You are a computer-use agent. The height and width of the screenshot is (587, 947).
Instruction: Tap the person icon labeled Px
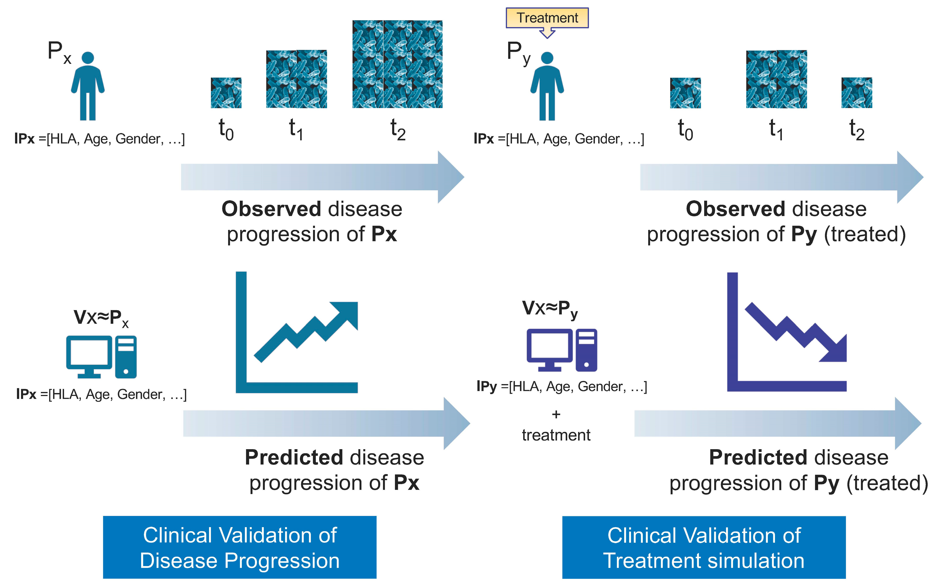point(88,86)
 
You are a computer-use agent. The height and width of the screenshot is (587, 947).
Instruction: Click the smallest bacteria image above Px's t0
point(226,93)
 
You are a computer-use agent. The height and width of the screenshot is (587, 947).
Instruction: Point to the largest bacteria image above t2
point(397,64)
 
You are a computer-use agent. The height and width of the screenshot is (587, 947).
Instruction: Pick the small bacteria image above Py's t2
point(857,93)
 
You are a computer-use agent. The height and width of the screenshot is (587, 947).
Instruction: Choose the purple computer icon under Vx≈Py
point(561,350)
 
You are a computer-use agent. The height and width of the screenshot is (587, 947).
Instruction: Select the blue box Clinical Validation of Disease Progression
point(239,547)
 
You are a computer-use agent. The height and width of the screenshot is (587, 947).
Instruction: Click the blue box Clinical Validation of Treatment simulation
point(704,547)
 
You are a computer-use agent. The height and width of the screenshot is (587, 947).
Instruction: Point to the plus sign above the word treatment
point(556,414)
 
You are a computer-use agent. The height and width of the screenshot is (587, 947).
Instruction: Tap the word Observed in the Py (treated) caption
point(736,209)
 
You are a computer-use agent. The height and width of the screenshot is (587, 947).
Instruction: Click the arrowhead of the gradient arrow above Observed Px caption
point(450,177)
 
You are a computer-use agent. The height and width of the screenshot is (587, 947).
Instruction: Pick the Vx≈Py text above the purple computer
point(550,309)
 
